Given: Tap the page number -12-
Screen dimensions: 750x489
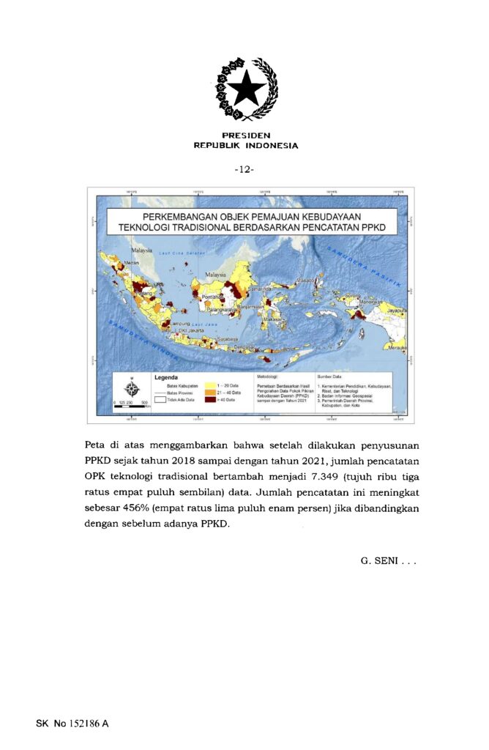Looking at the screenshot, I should click(x=244, y=169).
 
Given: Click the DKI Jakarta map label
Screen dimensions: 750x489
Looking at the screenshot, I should click(x=188, y=331).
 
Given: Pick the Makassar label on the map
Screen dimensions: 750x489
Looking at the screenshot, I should click(x=274, y=320).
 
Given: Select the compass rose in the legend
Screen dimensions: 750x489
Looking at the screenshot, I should click(x=132, y=387).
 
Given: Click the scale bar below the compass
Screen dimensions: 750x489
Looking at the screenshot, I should click(x=132, y=403).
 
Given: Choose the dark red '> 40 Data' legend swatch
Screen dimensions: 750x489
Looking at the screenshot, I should click(x=210, y=401).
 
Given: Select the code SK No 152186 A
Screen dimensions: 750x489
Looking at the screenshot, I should click(x=72, y=724).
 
